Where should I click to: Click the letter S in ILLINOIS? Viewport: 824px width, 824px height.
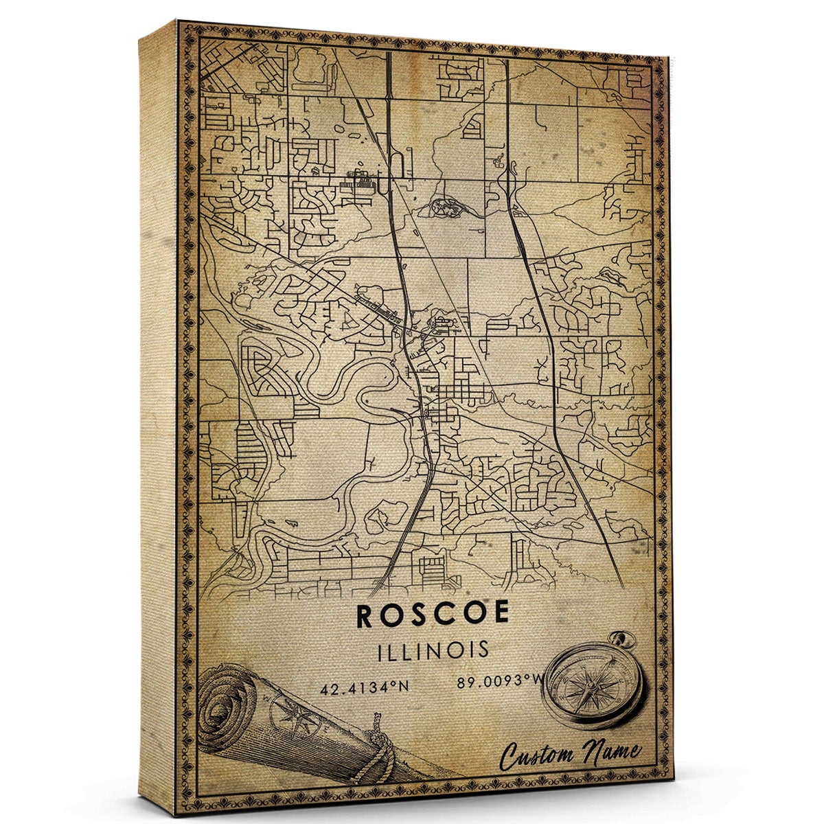pyautogui.click(x=483, y=649)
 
